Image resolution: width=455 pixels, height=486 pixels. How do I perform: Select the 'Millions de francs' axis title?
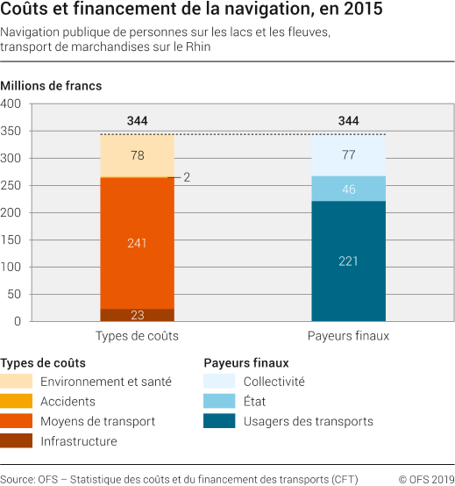(51, 86)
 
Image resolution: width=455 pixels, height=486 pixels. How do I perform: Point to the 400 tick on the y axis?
(11, 104)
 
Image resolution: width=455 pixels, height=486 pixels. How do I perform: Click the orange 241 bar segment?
(137, 242)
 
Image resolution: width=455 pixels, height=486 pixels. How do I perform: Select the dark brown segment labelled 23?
(137, 315)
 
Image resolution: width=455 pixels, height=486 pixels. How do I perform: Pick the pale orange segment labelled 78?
(137, 155)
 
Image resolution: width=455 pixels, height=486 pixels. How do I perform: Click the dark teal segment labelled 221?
(349, 261)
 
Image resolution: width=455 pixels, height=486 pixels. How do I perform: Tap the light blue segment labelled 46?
(349, 189)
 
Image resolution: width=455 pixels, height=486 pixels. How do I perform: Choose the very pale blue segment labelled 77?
(349, 155)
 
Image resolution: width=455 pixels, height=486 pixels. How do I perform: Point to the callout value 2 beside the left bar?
(187, 177)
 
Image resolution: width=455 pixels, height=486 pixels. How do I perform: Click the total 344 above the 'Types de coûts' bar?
(137, 121)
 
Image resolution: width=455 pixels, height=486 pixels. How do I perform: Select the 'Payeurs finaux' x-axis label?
(349, 336)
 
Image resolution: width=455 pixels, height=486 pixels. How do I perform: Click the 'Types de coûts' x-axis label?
(137, 336)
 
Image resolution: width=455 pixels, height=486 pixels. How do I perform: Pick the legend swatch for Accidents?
(17, 401)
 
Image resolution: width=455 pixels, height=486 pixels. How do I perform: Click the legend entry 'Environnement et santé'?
(106, 381)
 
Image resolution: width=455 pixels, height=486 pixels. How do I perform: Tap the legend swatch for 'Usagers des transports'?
(219, 421)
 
